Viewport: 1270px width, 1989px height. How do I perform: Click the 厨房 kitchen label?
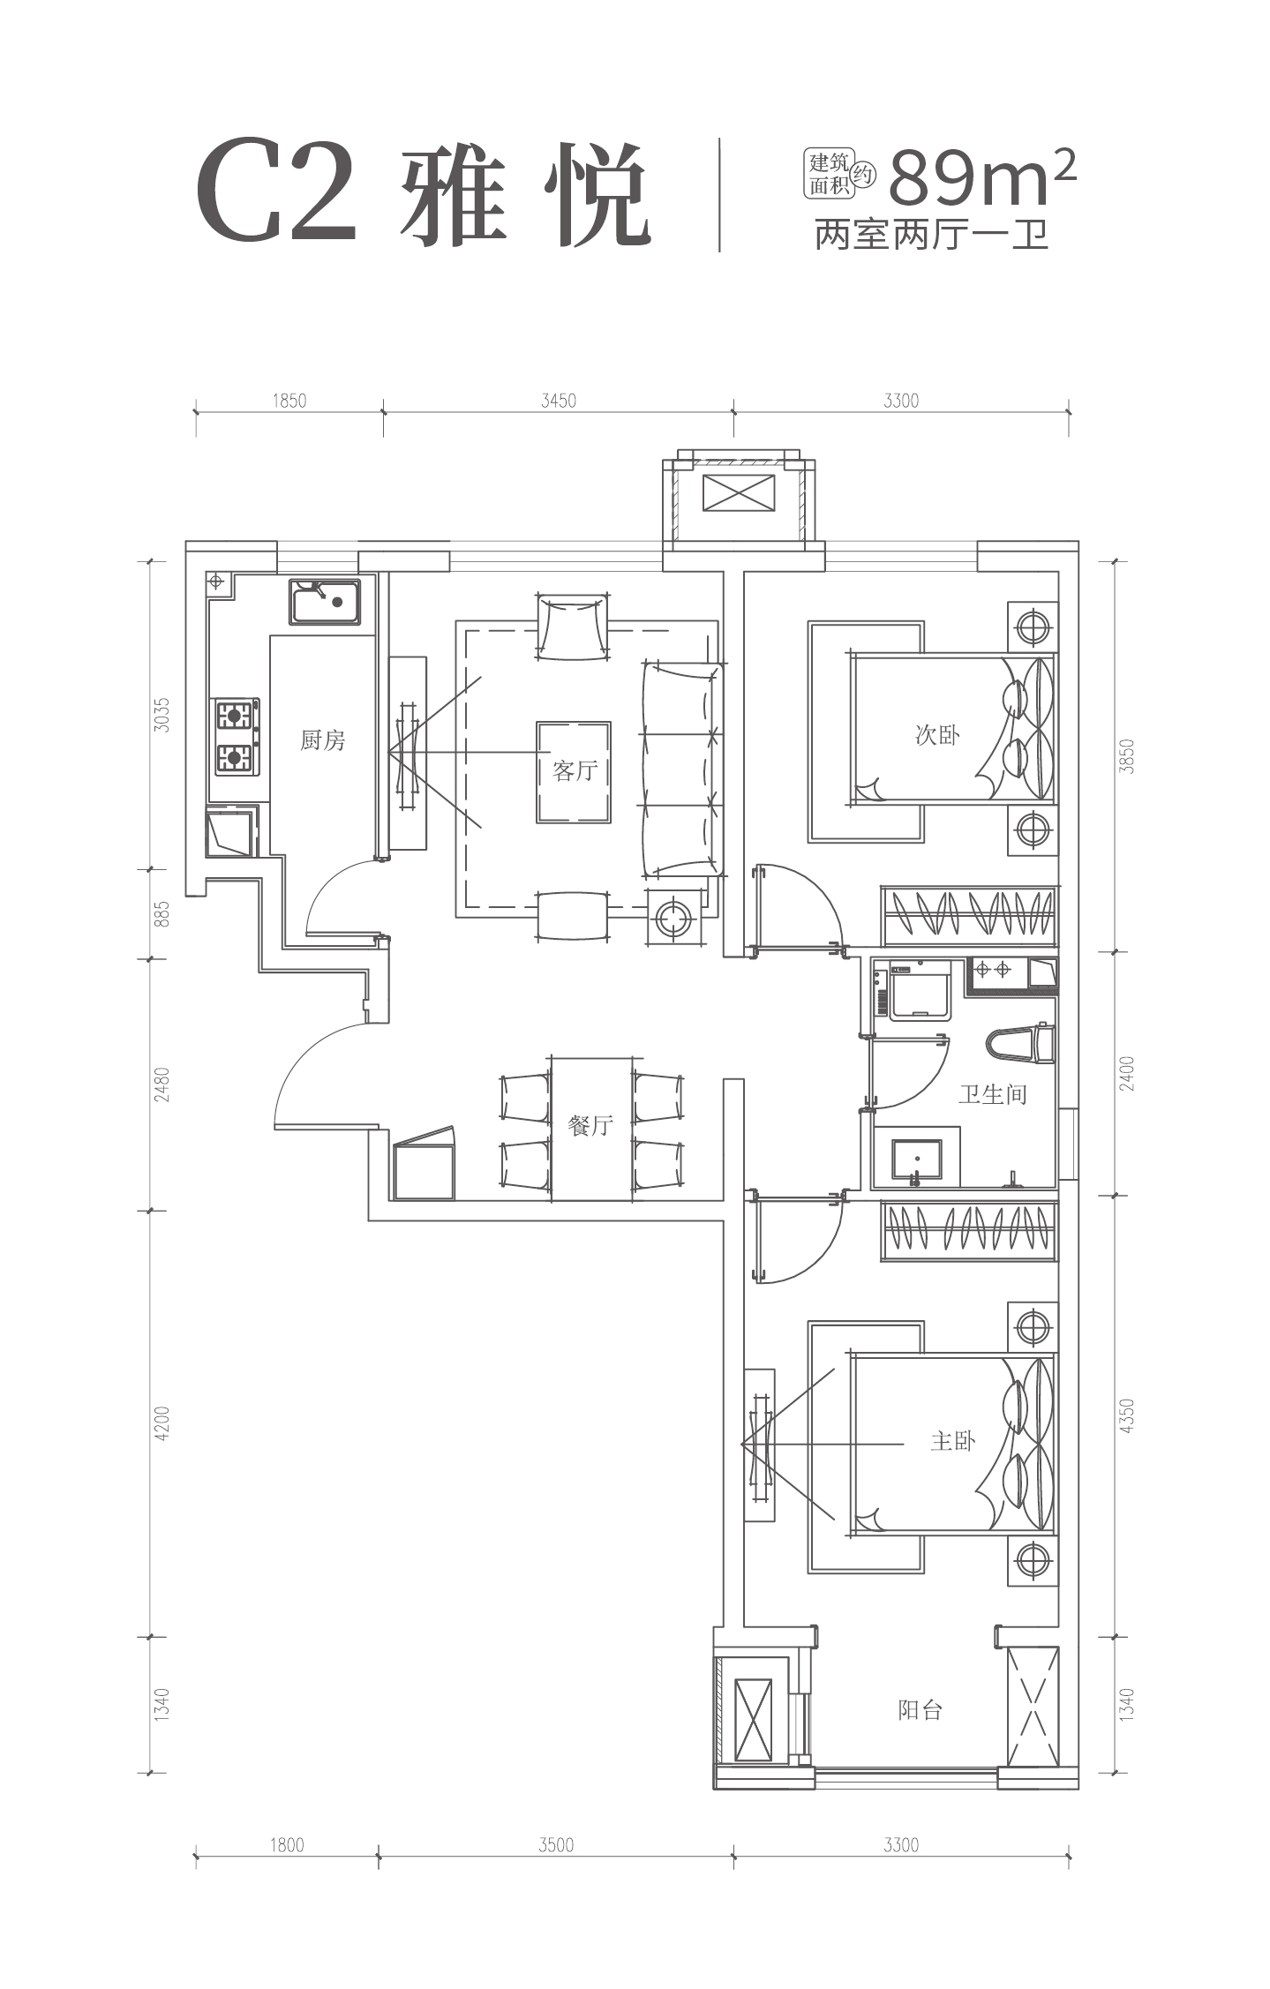[x=322, y=740]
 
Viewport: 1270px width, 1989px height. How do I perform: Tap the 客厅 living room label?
[x=575, y=771]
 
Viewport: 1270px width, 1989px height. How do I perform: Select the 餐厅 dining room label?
[x=590, y=1126]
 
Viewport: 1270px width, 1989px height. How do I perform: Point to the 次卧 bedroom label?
[x=937, y=735]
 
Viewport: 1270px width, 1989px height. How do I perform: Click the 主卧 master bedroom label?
[x=952, y=1442]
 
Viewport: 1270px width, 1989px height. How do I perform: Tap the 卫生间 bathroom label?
[x=993, y=1095]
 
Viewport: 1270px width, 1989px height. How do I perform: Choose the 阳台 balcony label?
[x=921, y=1710]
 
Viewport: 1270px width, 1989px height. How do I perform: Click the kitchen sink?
[x=324, y=602]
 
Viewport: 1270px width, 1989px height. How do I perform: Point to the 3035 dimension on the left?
[x=161, y=715]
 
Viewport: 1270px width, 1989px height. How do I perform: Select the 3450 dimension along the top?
[x=558, y=402]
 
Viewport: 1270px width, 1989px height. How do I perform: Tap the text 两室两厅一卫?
[x=931, y=236]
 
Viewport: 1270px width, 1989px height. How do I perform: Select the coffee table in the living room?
[x=574, y=772]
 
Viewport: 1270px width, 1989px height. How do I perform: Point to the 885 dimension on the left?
[x=161, y=913]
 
